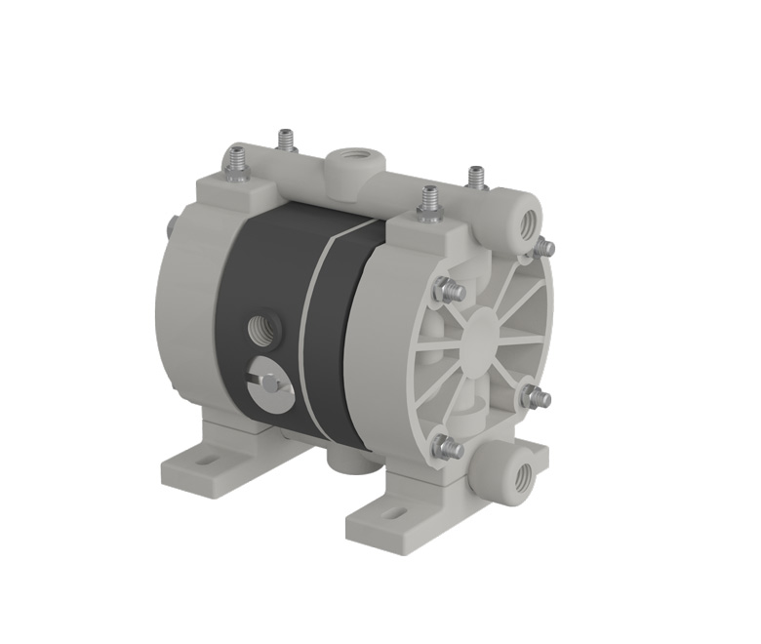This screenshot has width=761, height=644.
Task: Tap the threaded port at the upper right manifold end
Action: (528, 218)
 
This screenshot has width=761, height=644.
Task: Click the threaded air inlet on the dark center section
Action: (262, 325)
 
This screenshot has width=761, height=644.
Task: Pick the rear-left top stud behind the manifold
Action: (286, 141)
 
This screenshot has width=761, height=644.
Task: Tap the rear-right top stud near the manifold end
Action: (476, 179)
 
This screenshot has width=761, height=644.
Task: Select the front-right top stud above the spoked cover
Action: (428, 202)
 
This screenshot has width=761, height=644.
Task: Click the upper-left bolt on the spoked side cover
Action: (448, 288)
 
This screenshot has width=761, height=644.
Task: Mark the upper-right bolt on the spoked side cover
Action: (542, 248)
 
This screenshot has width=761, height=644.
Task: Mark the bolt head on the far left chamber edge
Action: (173, 230)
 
